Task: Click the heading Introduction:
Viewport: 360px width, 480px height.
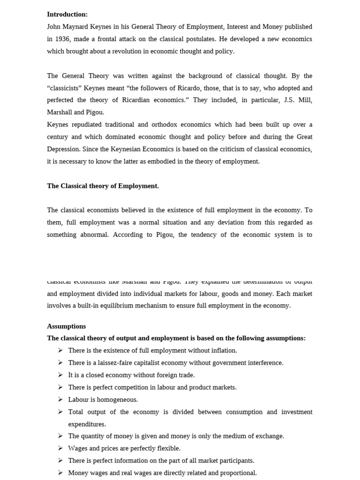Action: click(x=67, y=15)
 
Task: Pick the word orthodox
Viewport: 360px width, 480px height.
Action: click(x=168, y=124)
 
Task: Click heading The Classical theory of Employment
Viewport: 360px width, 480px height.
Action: click(x=103, y=186)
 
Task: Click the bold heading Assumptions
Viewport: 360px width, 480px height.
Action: click(x=66, y=326)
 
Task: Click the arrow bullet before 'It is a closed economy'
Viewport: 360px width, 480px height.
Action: click(x=60, y=375)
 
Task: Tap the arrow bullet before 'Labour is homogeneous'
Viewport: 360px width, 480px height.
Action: click(x=60, y=399)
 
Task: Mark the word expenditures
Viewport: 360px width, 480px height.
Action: click(x=87, y=424)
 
